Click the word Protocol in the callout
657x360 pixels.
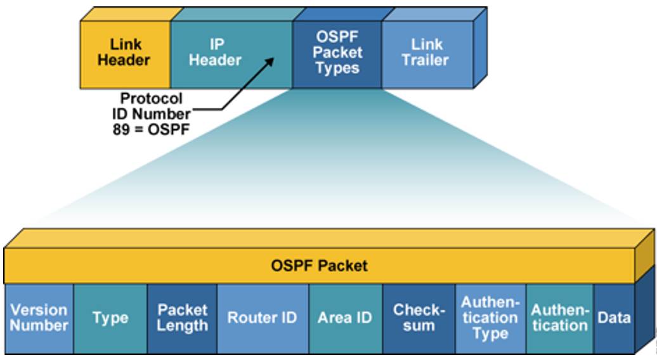[x=152, y=99]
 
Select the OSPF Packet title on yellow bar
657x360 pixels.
[x=319, y=265]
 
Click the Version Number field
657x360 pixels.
[x=39, y=318]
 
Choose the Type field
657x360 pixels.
[x=110, y=318]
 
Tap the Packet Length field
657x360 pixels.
[x=182, y=318]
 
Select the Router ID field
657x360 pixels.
[x=262, y=318]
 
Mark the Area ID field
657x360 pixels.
[x=345, y=318]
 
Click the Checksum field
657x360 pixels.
[x=419, y=318]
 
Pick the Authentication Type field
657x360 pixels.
[x=490, y=318]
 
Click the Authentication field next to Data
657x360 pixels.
[x=559, y=318]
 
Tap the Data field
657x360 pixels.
[x=614, y=318]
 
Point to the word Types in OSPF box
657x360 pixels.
[x=337, y=68]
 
